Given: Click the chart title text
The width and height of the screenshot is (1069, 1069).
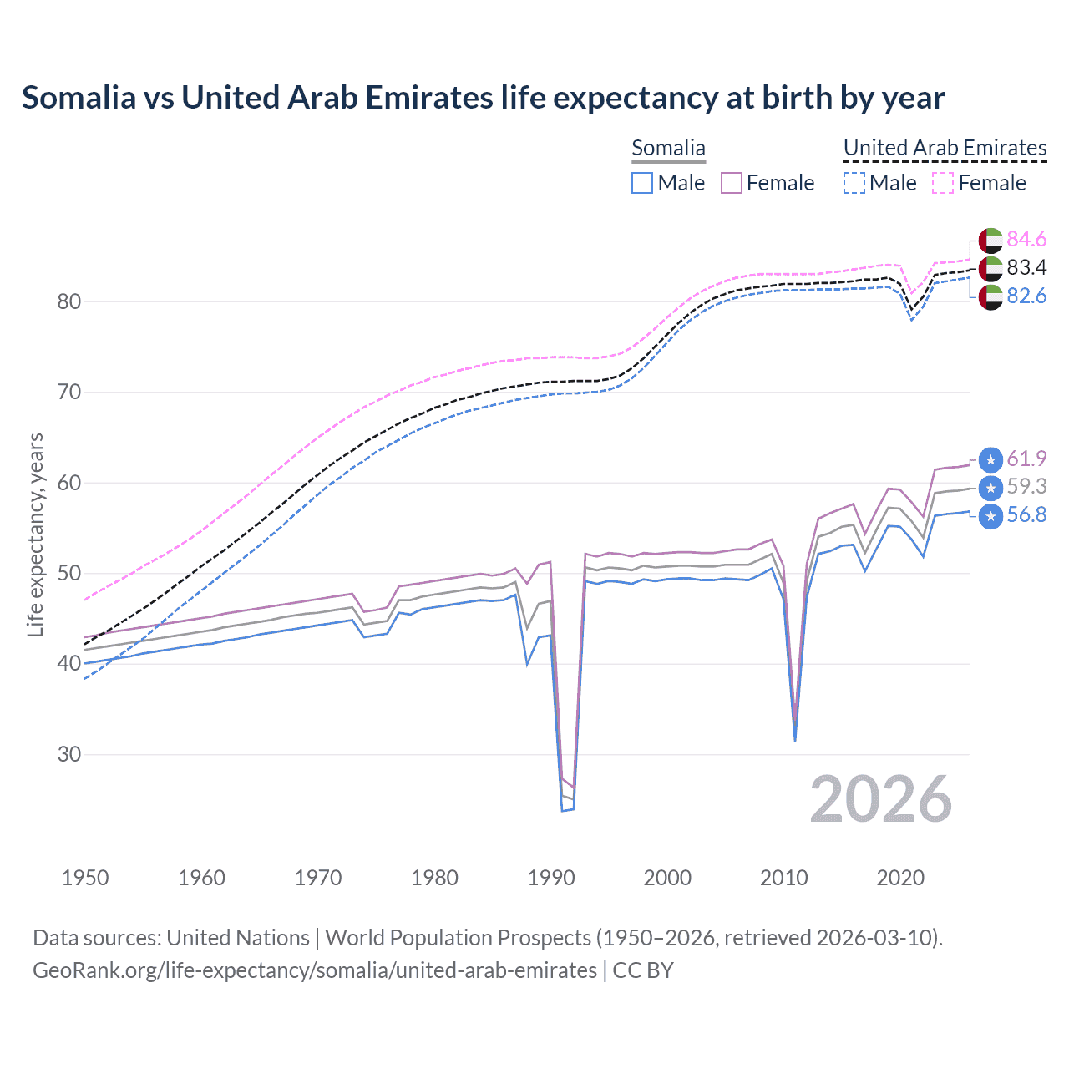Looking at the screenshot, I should [483, 98].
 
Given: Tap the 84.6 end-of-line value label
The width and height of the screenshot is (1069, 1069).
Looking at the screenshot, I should [1026, 240].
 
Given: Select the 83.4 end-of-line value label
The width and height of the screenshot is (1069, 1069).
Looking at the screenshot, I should [1026, 268].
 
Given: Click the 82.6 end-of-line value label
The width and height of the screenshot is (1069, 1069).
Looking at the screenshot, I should [1026, 296].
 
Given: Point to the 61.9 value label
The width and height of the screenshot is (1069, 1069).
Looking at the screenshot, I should [1026, 459].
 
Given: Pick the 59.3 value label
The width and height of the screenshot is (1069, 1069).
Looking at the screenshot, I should [1026, 487].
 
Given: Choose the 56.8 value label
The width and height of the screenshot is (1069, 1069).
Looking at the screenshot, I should [1026, 515].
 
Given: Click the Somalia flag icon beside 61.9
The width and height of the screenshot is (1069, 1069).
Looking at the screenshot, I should [990, 459].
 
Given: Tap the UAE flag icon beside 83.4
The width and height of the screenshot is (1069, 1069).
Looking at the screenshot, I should [990, 268].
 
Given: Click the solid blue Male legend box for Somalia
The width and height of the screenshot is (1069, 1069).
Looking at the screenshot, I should [641, 183].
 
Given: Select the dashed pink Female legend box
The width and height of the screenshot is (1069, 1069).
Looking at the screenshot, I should [942, 183].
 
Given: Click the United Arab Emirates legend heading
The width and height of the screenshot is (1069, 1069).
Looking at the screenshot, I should [945, 148].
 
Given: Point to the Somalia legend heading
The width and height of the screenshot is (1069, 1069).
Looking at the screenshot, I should [668, 148].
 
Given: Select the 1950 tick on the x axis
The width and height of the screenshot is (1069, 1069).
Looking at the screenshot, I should [85, 878].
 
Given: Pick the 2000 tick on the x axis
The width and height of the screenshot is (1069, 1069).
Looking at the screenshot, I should [667, 878].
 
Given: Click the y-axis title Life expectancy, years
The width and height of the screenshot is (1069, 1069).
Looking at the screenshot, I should [35, 534].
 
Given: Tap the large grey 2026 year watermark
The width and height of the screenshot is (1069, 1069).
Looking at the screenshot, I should [880, 799].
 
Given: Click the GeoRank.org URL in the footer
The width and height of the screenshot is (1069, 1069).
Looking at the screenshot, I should [315, 970].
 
